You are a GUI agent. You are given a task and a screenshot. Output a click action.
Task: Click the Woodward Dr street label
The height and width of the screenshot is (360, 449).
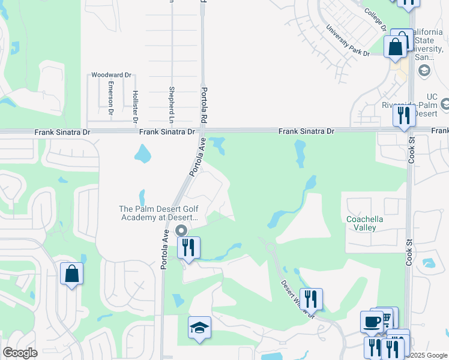[x=111, y=75]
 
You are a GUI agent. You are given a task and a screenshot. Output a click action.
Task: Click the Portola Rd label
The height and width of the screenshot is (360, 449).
[x=202, y=106]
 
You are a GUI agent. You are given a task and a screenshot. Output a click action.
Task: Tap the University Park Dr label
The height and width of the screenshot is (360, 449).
[x=348, y=41]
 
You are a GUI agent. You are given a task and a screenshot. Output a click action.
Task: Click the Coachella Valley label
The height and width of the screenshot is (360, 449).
[x=364, y=223]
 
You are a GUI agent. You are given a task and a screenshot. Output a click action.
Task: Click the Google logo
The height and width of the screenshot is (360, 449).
[x=20, y=353]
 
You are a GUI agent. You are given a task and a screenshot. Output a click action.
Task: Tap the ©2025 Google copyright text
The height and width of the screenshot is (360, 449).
[x=424, y=356]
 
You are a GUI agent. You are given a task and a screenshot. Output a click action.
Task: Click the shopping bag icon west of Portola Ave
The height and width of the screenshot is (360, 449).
[x=71, y=274]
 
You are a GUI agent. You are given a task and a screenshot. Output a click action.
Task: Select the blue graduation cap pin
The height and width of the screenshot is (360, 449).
[x=199, y=327]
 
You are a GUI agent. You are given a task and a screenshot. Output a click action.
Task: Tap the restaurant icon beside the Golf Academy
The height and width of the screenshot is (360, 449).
[x=189, y=247]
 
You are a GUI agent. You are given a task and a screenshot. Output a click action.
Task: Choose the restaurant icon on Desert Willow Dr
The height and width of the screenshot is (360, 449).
[x=311, y=298]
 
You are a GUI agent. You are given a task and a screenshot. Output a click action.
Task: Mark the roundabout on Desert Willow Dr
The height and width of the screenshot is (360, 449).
[x=270, y=247]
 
